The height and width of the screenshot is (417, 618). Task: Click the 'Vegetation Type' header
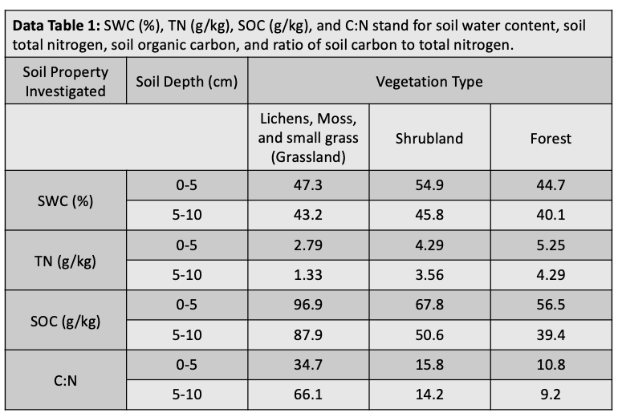[429, 82]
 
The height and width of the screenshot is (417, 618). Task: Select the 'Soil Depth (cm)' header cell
[186, 82]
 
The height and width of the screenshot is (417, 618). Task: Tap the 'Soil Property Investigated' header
[66, 82]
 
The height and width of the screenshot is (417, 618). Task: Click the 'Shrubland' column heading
[429, 138]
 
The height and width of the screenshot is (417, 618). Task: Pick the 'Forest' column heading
[551, 138]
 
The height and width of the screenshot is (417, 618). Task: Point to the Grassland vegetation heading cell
[309, 138]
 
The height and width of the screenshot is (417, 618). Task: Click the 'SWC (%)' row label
[66, 200]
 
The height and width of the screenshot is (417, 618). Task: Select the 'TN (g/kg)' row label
[66, 261]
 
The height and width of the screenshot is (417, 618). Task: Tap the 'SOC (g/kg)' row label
[66, 321]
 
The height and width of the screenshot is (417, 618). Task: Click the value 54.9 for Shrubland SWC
[429, 185]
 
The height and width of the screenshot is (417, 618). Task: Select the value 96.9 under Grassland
[309, 306]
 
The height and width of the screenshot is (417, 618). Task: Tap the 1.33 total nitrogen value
[309, 275]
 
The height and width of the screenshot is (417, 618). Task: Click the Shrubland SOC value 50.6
[429, 336]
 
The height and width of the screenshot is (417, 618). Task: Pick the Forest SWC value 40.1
[551, 216]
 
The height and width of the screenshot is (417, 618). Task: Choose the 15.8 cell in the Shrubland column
[429, 366]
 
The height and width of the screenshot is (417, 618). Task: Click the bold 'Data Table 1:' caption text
[56, 26]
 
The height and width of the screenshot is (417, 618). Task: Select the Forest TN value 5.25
[551, 245]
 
